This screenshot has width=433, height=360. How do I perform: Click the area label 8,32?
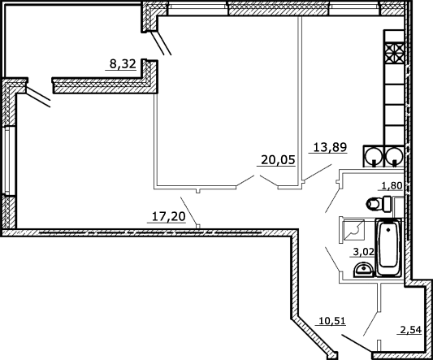[x=123, y=64]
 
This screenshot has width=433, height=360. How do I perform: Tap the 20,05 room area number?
[x=278, y=160]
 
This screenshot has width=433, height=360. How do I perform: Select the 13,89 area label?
[x=330, y=147]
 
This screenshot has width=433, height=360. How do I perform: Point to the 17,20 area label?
[x=168, y=217]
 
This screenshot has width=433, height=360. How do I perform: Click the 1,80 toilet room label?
[x=392, y=186]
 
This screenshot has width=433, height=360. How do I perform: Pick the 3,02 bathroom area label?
[x=364, y=252]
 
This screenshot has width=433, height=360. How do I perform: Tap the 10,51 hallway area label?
[x=332, y=321]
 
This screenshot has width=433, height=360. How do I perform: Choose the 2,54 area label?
[x=410, y=330]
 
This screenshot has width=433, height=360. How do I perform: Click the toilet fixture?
[x=379, y=204]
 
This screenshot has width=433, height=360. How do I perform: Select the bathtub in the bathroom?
[x=388, y=248]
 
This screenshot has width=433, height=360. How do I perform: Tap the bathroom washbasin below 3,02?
[x=363, y=270]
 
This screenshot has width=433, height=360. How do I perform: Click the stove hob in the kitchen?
[x=394, y=53]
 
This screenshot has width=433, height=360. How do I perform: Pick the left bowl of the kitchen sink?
[x=374, y=157]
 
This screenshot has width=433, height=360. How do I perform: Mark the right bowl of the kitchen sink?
[x=395, y=157]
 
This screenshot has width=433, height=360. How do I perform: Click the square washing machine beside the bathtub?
[x=353, y=231]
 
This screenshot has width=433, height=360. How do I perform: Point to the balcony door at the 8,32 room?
[x=161, y=43]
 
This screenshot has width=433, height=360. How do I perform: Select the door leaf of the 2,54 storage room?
[x=370, y=323]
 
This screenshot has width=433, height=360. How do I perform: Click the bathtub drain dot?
[x=388, y=230]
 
